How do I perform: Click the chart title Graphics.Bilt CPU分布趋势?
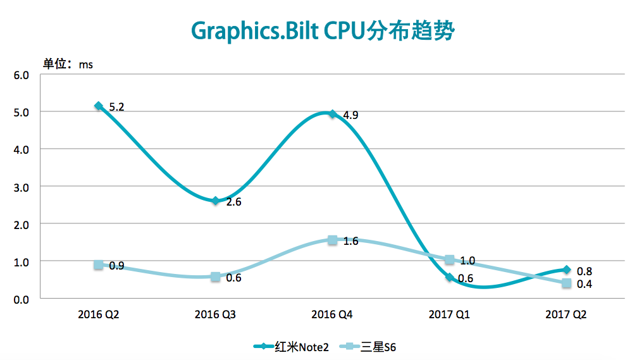[x=322, y=30]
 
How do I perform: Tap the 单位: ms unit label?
[x=68, y=64]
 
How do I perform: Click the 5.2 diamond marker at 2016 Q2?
[x=98, y=106]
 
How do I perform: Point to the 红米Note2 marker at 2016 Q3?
[x=216, y=201]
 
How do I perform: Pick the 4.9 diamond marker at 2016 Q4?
[x=332, y=114]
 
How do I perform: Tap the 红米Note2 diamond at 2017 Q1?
[x=449, y=277]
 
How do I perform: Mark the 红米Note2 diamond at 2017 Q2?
[x=566, y=270]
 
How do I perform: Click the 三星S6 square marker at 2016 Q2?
[x=98, y=265]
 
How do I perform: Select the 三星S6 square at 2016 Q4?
[x=332, y=240]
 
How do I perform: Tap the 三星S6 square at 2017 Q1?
[x=449, y=260]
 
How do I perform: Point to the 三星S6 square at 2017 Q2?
[x=566, y=283]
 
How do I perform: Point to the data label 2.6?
[x=234, y=202]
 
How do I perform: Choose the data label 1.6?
[x=350, y=241]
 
